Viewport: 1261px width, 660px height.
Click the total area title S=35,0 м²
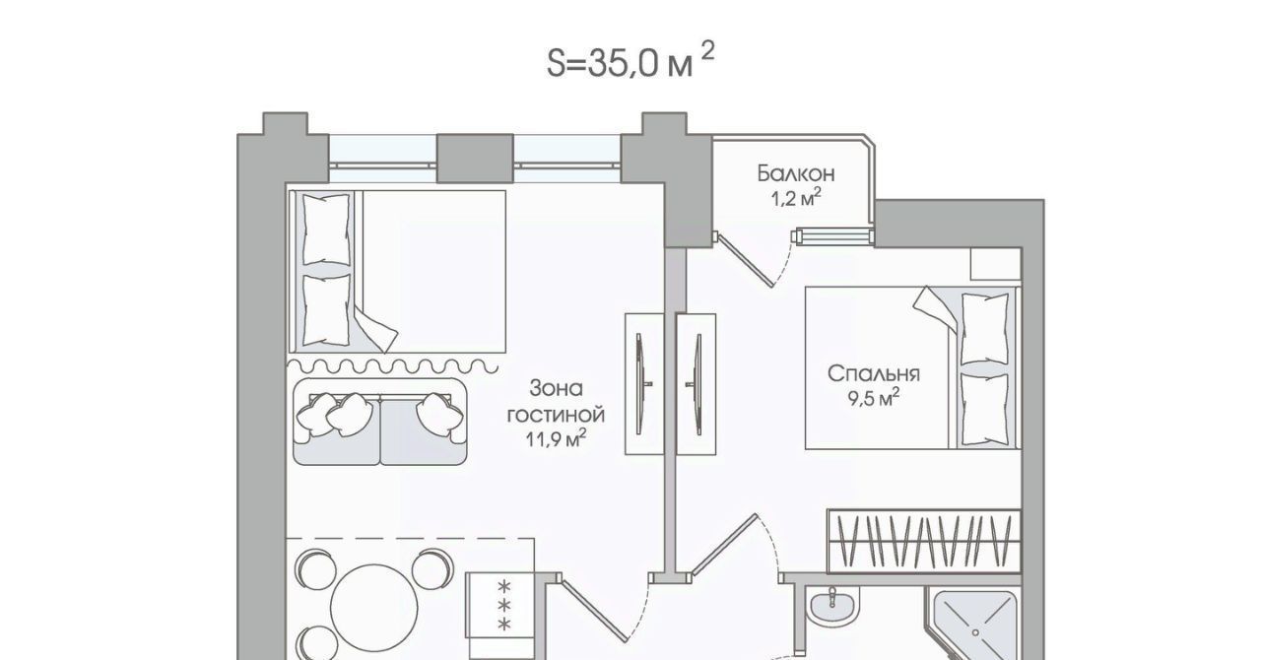[630, 61]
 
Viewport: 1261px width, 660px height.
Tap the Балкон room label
[796, 173]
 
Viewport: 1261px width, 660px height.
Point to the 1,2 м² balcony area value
[796, 198]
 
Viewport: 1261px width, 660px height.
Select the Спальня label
[873, 374]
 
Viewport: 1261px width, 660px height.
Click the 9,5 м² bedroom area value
[873, 399]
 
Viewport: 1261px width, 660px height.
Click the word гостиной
[557, 416]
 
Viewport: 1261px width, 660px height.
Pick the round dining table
[373, 608]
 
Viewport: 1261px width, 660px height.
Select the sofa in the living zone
[380, 423]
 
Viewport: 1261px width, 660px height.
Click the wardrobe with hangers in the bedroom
[924, 542]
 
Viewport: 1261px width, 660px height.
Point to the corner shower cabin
[974, 626]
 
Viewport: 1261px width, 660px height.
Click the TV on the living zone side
[640, 384]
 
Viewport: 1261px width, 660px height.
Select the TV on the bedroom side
[697, 384]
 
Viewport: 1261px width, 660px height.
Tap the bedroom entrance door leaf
[724, 545]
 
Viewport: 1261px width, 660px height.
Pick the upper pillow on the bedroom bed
[984, 329]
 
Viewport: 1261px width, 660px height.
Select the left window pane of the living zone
[383, 159]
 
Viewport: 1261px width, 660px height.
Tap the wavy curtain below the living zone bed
[393, 366]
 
